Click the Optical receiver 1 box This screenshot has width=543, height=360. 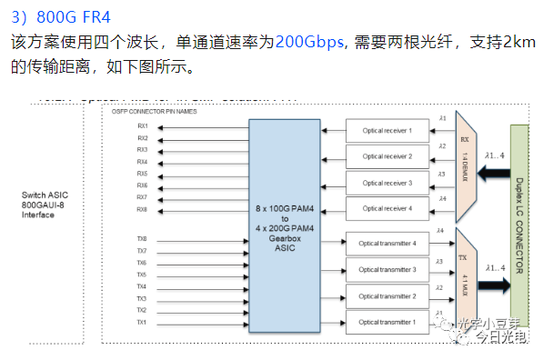[x=387, y=131]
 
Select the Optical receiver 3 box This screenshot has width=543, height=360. [x=387, y=184]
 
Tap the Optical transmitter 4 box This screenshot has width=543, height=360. [x=387, y=244]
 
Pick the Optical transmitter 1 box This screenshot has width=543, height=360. [x=387, y=323]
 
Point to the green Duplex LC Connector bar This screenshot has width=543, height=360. [x=519, y=227]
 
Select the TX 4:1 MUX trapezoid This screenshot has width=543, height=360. [x=464, y=277]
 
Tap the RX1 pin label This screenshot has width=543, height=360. [x=143, y=126]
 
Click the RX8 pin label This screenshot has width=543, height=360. [x=143, y=209]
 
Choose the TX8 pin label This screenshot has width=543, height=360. [x=142, y=239]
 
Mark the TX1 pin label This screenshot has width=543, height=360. [x=142, y=323]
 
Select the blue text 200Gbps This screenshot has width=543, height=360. [x=310, y=42]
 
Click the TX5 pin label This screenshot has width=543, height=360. [x=142, y=275]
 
